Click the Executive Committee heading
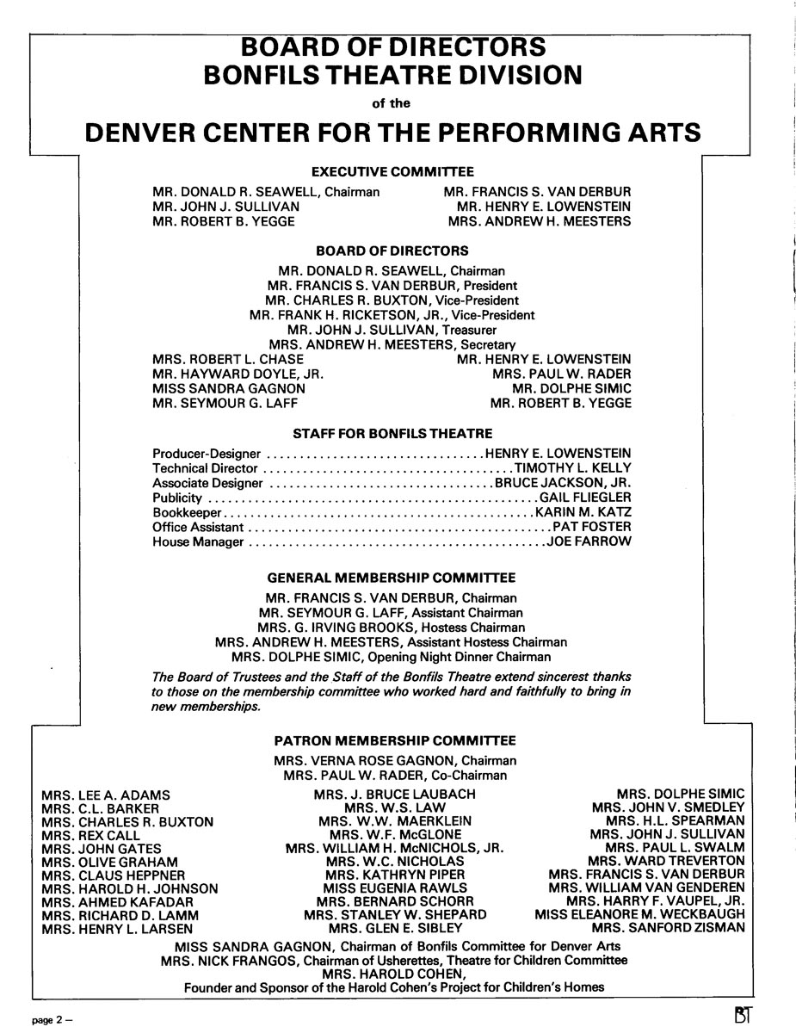392,172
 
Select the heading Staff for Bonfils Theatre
392,433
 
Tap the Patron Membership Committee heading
395,740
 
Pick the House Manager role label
198,542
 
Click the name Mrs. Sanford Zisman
668,929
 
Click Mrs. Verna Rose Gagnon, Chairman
395,761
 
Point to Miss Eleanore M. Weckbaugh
639,914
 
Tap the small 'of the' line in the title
392,103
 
